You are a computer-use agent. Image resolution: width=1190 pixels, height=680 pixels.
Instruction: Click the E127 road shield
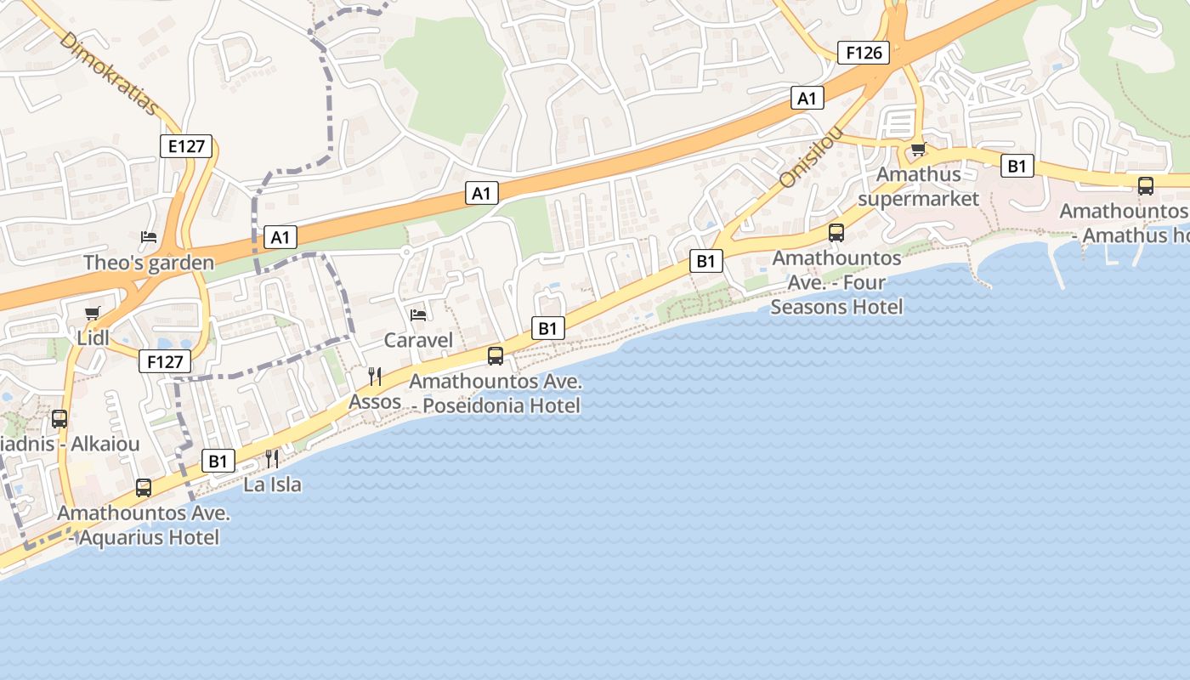[186, 146]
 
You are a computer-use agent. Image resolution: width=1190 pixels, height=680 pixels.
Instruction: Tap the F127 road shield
[165, 362]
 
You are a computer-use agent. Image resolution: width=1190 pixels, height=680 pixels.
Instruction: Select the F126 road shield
[864, 53]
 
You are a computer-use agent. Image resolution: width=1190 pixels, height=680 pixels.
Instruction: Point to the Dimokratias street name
[110, 74]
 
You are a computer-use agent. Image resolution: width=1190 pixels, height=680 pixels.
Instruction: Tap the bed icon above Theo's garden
[149, 236]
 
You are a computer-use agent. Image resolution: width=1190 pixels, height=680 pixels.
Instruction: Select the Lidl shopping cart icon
[93, 313]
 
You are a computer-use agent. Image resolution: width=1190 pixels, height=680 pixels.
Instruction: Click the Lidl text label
[93, 338]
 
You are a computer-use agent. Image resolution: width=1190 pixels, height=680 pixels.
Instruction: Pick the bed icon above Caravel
[418, 314]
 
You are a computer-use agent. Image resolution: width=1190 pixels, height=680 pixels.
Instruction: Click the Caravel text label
[418, 341]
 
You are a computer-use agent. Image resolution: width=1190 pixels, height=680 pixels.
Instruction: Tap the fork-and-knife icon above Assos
[375, 376]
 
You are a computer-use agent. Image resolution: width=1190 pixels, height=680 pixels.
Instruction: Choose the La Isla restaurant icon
[272, 459]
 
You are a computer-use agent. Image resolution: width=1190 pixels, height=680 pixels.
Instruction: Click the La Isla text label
[272, 484]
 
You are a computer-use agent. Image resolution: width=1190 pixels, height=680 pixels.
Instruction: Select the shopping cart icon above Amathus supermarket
[918, 150]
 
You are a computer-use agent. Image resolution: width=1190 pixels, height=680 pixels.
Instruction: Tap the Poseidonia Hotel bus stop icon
[496, 356]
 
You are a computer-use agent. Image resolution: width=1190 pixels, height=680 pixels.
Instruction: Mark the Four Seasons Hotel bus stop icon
[836, 233]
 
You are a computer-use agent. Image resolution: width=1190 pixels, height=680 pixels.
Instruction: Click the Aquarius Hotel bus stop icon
[144, 488]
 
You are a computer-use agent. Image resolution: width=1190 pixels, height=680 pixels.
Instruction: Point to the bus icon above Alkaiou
[59, 418]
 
